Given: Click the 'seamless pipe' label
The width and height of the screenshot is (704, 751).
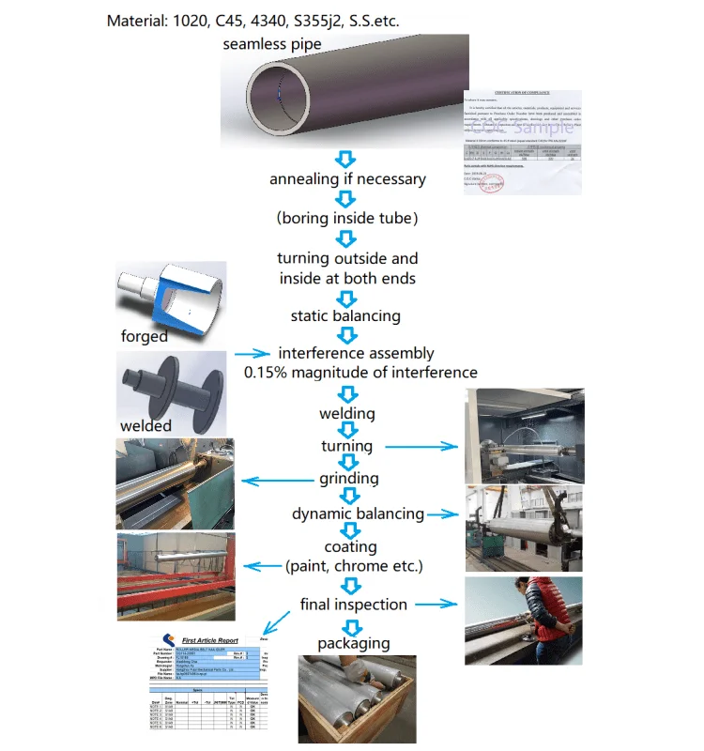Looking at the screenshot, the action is point(271,45).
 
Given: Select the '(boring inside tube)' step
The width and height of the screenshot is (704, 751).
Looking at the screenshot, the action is point(347,218).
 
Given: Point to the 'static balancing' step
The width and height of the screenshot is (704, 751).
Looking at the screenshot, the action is point(347,315).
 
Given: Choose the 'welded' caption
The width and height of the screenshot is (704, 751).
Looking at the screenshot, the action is point(145,425).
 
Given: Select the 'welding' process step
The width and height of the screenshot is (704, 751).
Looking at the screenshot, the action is point(347,413).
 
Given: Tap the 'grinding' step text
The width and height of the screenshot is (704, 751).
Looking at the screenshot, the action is point(347,479).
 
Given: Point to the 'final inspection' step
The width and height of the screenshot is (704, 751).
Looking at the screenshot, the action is point(353,605).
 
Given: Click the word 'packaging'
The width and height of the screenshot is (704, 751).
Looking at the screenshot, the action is point(353,643).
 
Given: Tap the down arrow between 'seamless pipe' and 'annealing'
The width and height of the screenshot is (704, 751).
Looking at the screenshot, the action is point(347,159).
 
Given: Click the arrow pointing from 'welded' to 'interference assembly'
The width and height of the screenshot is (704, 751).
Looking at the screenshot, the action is point(251,354).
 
